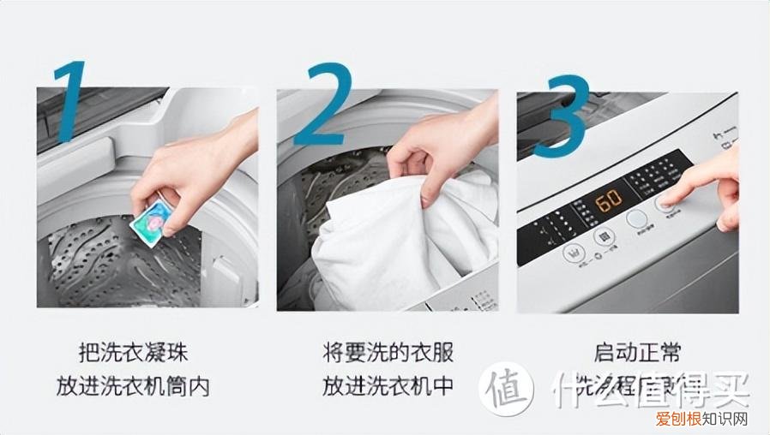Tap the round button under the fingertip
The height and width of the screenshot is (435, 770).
tap(666, 203)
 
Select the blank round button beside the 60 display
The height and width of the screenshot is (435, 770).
tap(637, 219)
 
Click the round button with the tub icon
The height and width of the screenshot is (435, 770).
tap(572, 253)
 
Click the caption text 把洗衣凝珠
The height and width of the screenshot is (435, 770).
tap(133, 353)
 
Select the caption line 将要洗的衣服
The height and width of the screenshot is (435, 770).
tap(388, 353)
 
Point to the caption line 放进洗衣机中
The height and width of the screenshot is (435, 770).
tap(388, 386)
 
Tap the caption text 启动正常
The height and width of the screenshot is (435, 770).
tap(636, 353)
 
